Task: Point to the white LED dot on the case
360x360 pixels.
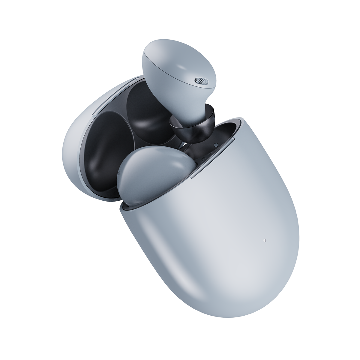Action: coord(265,240)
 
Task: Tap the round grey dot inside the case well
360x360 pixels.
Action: coord(216,145)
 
